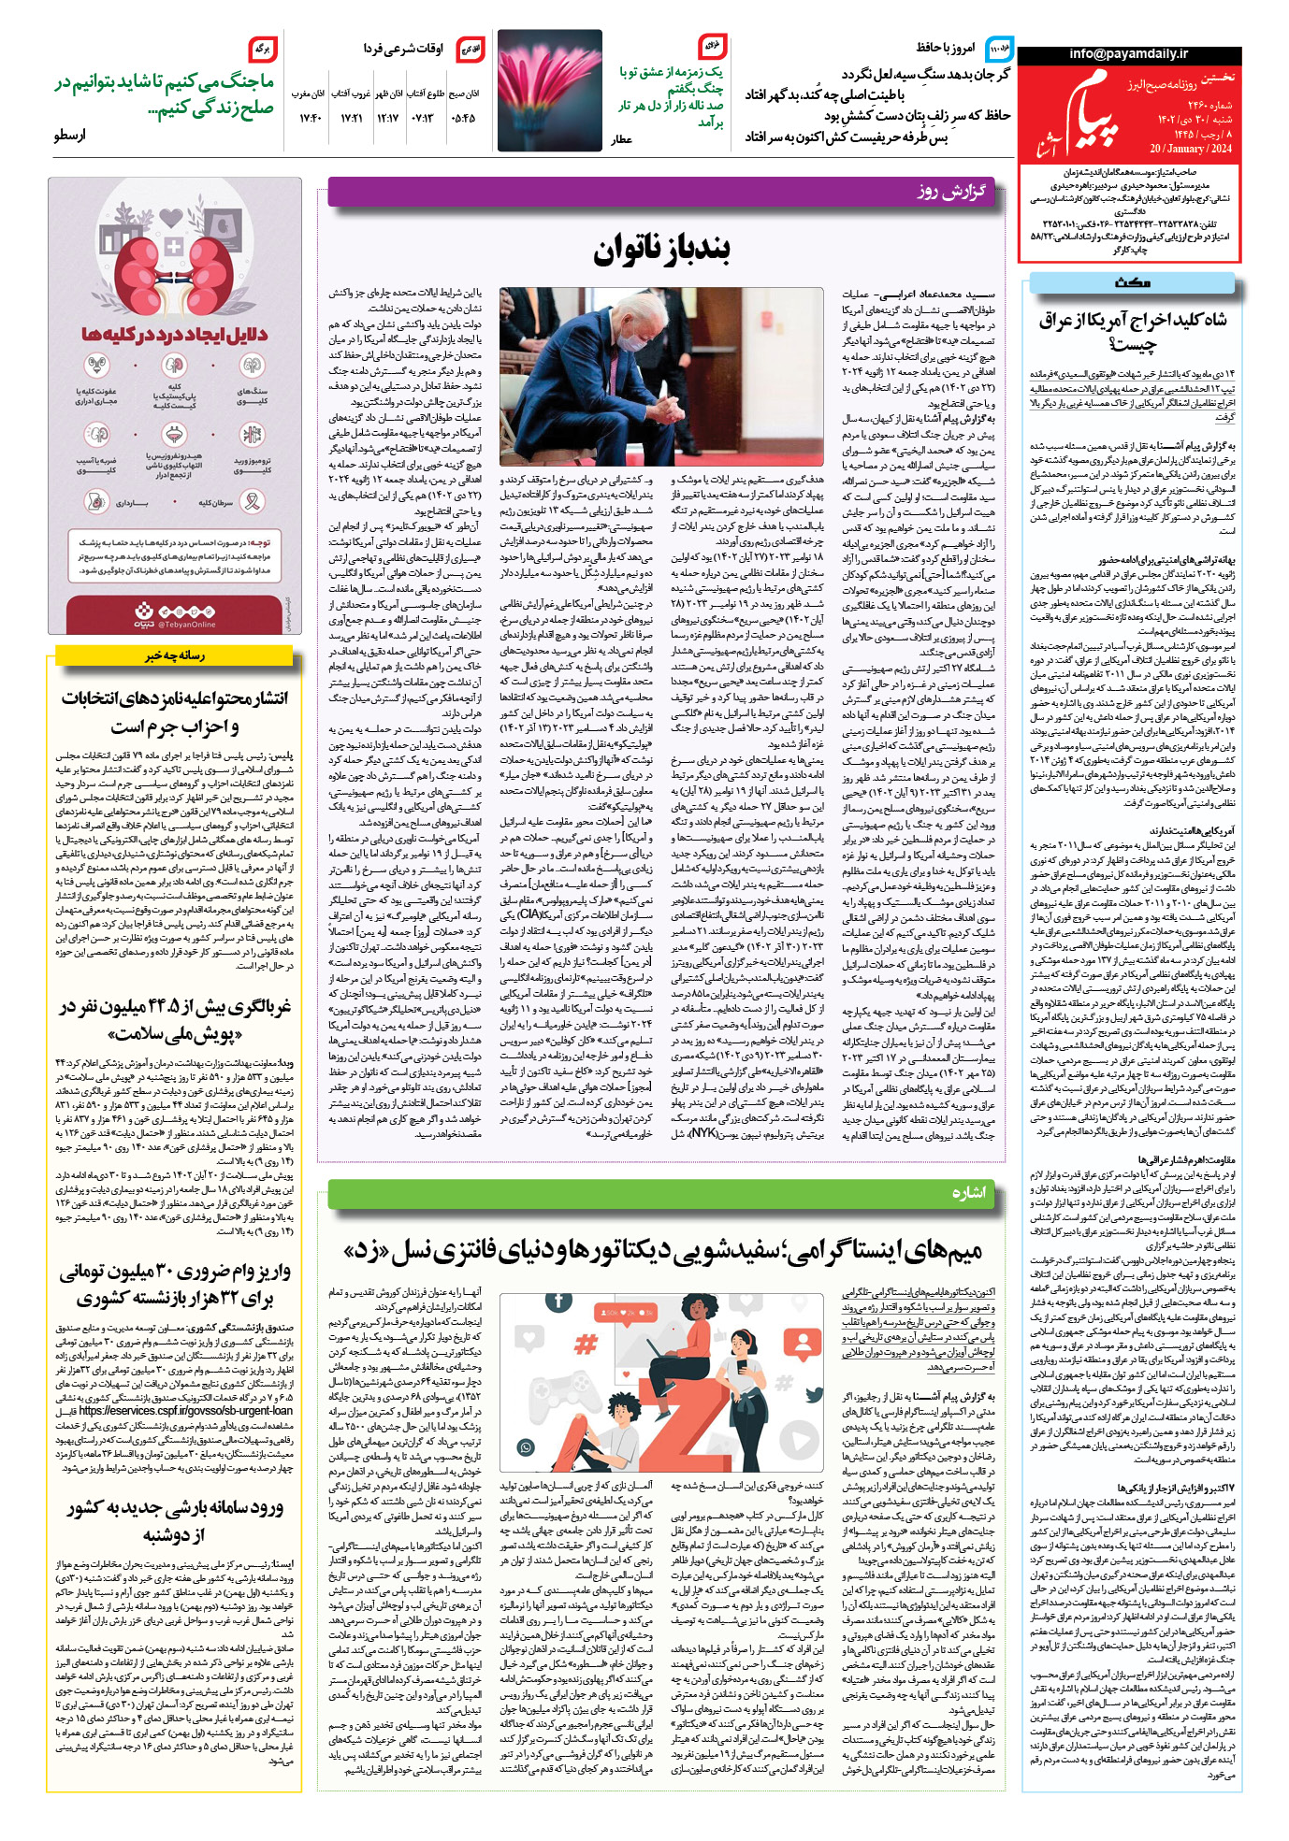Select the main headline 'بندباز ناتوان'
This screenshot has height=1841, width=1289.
tap(661, 250)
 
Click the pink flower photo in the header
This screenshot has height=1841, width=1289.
tap(550, 90)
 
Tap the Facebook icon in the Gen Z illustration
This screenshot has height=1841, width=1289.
tap(558, 1301)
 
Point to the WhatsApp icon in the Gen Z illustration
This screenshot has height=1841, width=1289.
tap(526, 1448)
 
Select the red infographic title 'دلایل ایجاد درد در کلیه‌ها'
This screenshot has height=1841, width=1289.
tap(174, 334)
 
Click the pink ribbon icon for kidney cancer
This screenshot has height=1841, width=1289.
tap(251, 502)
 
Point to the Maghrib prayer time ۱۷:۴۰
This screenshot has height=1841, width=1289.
tap(311, 118)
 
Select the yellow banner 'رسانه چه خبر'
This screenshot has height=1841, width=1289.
tap(174, 656)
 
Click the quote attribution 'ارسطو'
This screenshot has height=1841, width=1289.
tap(69, 135)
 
